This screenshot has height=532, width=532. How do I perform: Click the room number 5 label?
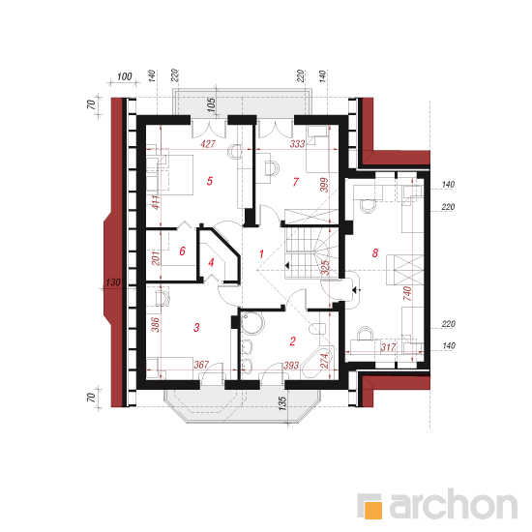210,181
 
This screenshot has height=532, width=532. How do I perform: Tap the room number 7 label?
296,182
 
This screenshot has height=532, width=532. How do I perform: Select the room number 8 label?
375,252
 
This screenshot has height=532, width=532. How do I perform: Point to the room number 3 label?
196,327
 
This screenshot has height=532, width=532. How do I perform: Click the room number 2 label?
292,341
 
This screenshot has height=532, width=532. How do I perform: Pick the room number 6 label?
182,251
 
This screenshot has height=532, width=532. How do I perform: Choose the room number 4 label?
212,262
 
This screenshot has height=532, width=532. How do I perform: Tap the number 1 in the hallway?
261,253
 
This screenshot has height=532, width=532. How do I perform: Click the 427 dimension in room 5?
208,144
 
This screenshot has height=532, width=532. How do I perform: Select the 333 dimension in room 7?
297,144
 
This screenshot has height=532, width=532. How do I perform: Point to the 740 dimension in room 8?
407,293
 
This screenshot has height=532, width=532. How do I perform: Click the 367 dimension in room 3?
201,365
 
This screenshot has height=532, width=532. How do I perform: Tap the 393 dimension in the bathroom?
291,365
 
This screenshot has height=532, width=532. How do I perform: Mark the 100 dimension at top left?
124,76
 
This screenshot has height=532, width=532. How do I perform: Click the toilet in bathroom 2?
317,329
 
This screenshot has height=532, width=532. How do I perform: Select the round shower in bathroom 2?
251,324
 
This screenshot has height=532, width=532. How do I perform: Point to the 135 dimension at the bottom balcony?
282,403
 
